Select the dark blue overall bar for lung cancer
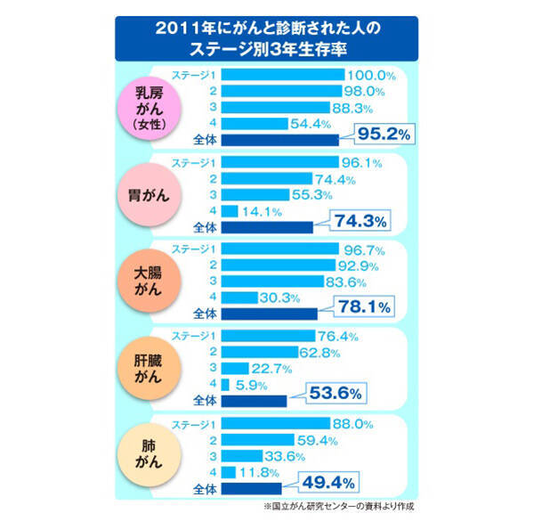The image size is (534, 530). (x=252, y=487)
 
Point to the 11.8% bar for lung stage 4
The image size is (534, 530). (x=228, y=471)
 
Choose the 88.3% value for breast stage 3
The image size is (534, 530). (x=361, y=107)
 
